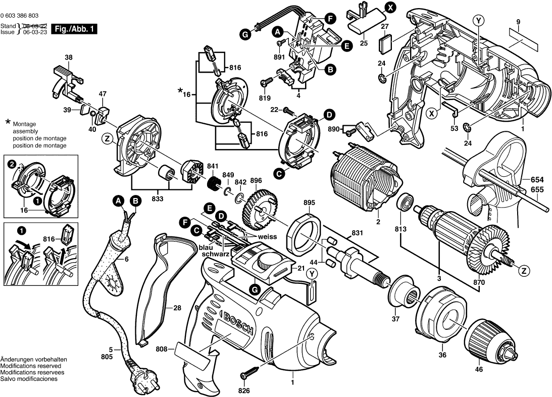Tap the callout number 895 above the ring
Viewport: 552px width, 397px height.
pos(309,203)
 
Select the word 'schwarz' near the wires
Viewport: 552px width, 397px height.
pos(216,254)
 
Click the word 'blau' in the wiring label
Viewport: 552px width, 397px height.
pos(206,247)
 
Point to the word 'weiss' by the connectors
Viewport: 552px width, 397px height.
pos(268,236)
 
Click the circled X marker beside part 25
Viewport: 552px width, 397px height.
pos(390,7)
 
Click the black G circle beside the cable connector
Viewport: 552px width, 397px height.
pos(245,34)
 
